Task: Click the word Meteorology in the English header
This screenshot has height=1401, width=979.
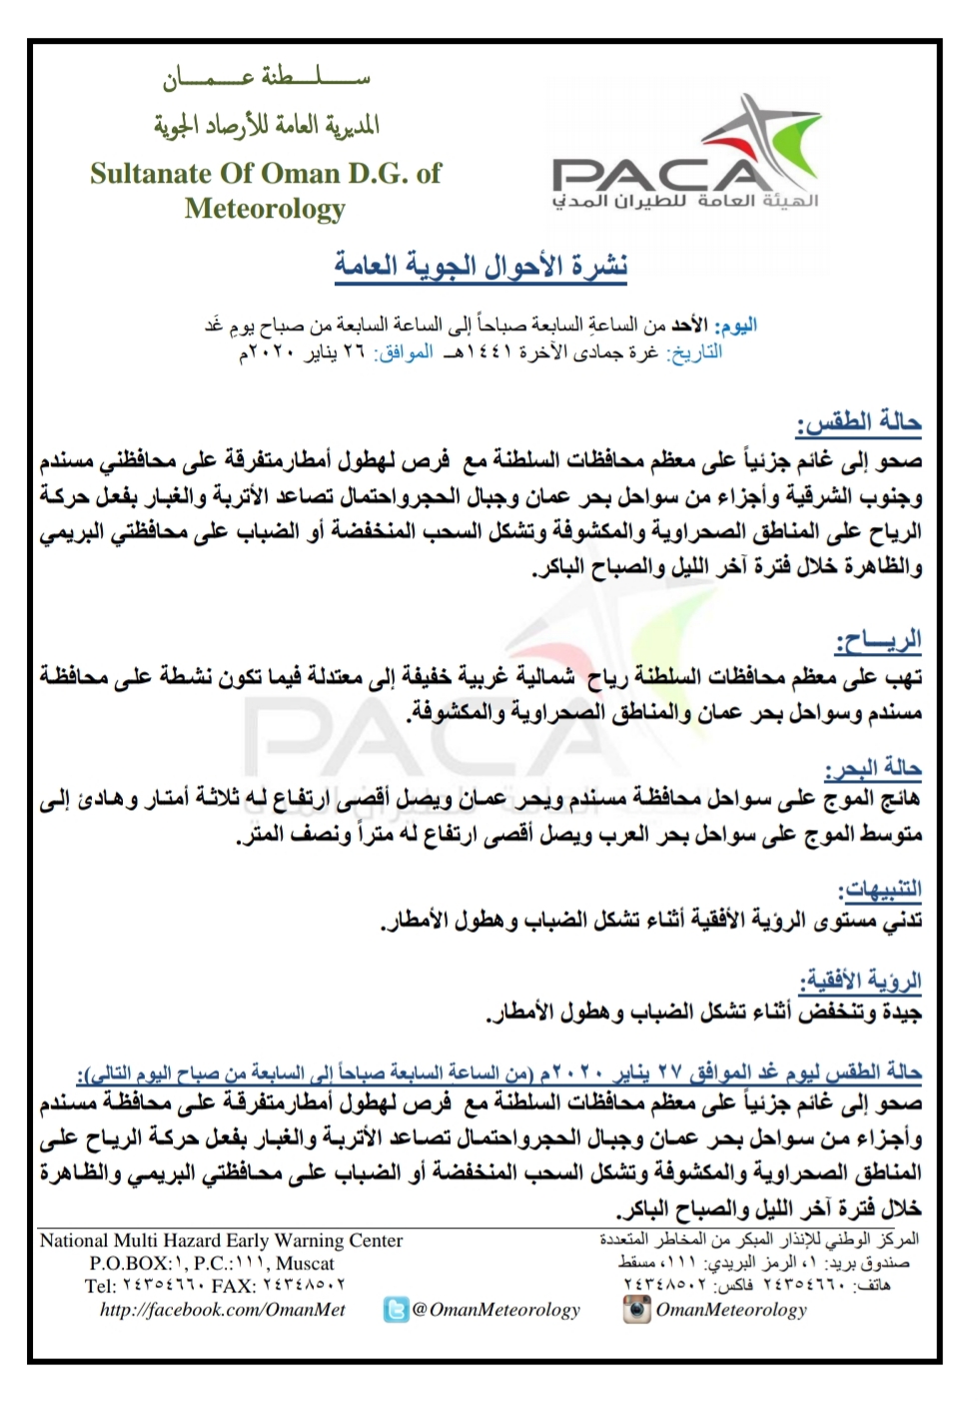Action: (265, 209)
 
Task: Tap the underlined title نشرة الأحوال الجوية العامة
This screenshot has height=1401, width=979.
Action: (481, 266)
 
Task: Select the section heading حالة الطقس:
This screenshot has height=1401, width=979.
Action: (858, 423)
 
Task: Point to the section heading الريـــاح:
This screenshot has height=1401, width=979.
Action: (878, 640)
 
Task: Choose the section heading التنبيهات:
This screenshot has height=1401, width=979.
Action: (880, 889)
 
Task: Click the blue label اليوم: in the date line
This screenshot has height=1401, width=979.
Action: (737, 326)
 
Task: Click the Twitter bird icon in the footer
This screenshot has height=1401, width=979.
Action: (396, 1309)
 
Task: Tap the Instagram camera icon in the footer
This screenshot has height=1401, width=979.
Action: (635, 1309)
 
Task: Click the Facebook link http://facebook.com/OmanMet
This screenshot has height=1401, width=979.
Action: (222, 1309)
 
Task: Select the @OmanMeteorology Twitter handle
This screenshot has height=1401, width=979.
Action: (495, 1309)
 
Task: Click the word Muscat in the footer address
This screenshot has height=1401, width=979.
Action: (305, 1263)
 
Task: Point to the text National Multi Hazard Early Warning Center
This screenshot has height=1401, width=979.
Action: (221, 1240)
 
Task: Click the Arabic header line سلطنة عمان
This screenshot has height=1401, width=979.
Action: (267, 78)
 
